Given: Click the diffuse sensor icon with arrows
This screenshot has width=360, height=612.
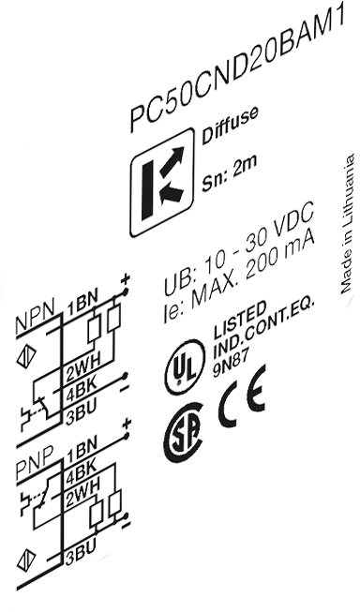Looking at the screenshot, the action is (162, 182).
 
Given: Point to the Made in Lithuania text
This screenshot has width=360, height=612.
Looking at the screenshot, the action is (348, 223).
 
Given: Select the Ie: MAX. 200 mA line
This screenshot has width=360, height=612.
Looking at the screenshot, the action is (239, 278).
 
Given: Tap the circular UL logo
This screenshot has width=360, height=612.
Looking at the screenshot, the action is (185, 367).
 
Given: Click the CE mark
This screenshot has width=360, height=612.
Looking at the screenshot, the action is (242, 396).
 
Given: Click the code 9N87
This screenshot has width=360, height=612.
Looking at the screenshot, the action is (231, 365).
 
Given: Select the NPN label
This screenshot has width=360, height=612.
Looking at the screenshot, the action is (35, 322).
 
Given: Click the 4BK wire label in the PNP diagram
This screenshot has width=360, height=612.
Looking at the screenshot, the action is (81, 474).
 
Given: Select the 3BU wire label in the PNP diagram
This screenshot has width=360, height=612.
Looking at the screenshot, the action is (81, 553).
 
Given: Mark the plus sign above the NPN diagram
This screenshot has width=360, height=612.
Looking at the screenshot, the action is (126, 279).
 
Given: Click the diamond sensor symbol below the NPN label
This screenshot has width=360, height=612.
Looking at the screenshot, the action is (25, 357).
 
